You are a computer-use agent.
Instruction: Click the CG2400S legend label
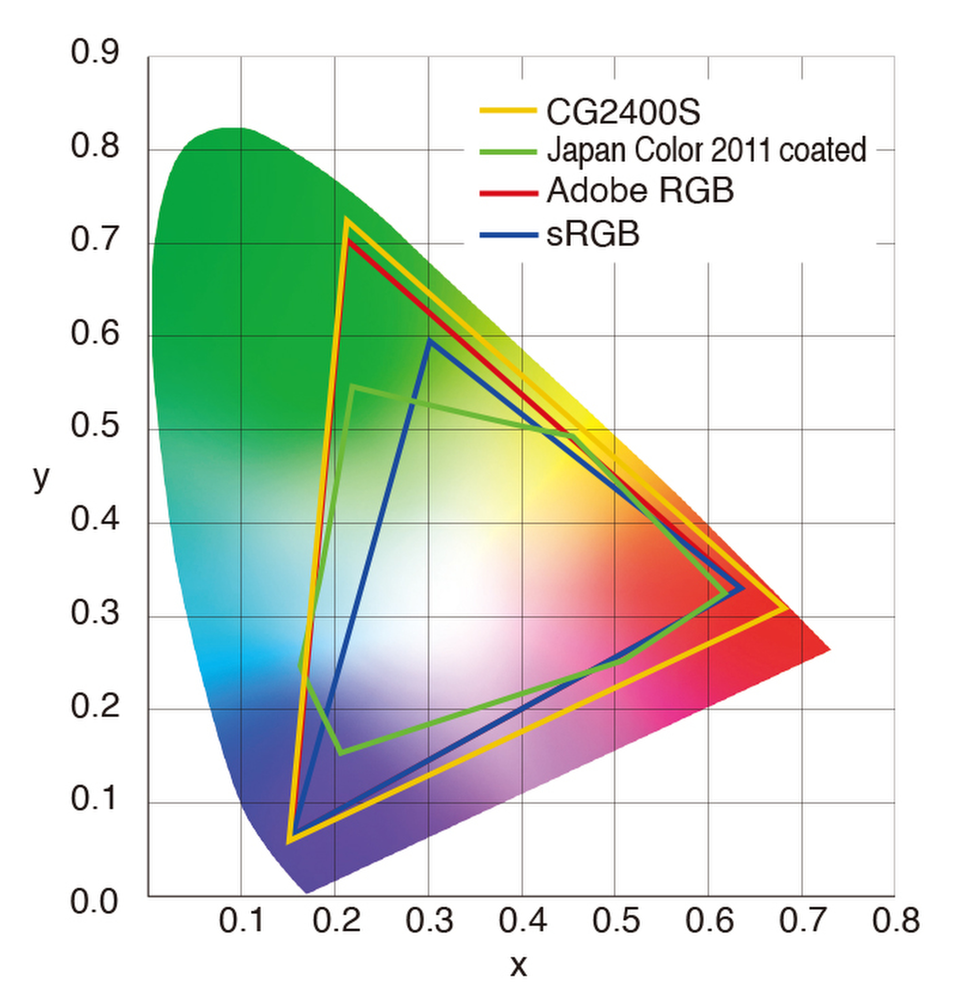(623, 113)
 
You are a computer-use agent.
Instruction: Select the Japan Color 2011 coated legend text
(706, 151)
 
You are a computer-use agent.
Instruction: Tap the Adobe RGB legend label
(640, 190)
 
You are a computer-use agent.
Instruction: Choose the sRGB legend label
(593, 234)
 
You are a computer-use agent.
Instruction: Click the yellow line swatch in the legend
(508, 110)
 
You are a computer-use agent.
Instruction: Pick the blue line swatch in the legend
(508, 235)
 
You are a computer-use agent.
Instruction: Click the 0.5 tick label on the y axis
(95, 426)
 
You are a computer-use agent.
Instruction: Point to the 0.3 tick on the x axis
(429, 920)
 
